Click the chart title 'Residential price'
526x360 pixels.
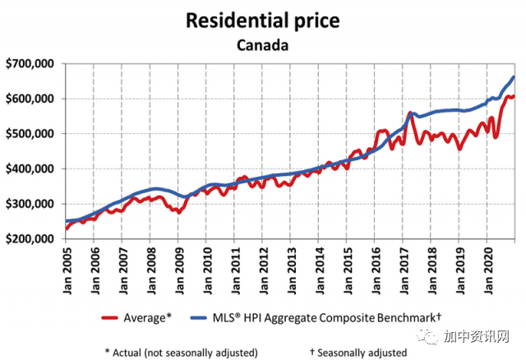[262, 19]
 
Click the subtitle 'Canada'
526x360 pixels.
[262, 44]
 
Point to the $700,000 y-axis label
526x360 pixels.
[30, 63]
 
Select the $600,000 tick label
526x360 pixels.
[30, 99]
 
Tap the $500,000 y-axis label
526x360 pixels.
[30, 134]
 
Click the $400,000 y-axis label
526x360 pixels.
[30, 169]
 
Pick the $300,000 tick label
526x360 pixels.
[30, 204]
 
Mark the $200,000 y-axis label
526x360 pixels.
[30, 239]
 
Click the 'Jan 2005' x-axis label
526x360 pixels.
[66, 269]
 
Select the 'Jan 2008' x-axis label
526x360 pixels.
[150, 269]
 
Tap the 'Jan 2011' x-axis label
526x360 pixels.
[235, 269]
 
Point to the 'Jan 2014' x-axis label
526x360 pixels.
[319, 269]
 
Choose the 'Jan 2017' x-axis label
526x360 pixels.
[404, 269]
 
